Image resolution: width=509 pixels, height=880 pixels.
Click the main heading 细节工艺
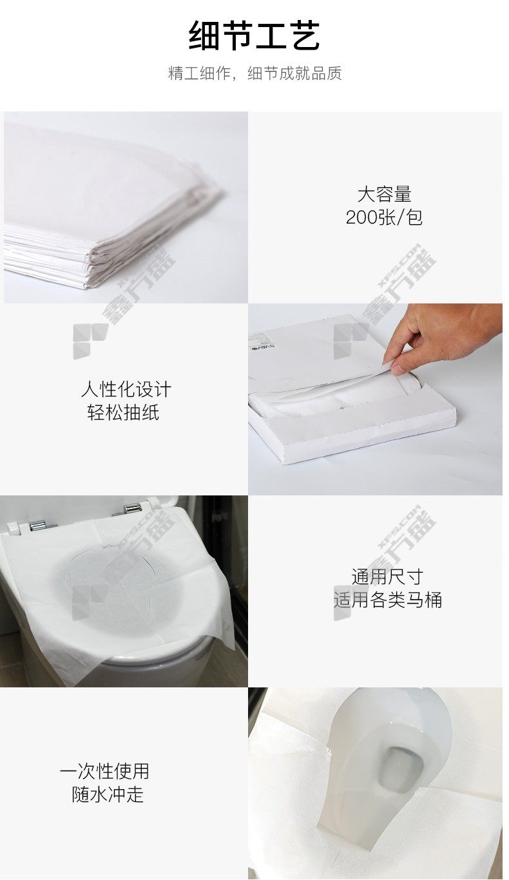pos(254,35)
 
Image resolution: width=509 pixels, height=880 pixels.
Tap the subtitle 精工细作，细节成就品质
pos(254,73)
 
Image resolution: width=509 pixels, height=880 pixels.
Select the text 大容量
pos(384,194)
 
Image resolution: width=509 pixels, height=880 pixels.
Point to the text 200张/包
pos(384,217)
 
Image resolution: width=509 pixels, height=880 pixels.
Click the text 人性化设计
pos(126,389)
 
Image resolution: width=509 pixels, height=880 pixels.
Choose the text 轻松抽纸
pos(123,412)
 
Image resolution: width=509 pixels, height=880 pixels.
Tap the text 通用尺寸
pos(387,577)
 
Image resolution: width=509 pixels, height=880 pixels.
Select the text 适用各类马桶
pos(388,600)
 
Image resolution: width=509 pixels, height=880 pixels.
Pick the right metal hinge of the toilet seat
pos(130,509)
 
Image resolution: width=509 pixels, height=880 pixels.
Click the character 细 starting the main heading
pos(204,35)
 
